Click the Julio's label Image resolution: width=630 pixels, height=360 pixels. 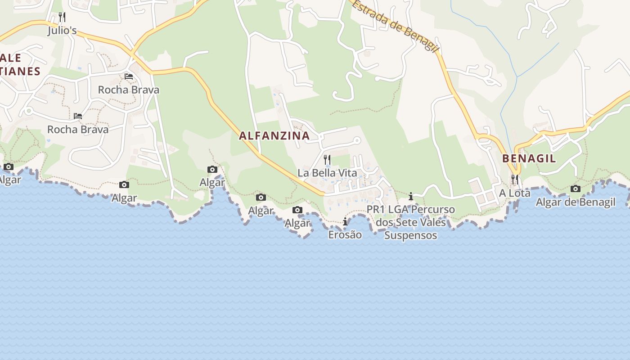63,31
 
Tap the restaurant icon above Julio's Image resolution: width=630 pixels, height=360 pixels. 62,18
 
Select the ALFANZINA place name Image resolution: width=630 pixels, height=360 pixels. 274,135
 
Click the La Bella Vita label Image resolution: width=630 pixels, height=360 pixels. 327,173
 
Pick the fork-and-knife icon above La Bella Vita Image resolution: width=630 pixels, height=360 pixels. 327,159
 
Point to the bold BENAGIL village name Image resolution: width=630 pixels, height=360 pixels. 529,158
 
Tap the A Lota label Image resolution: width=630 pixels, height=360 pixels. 514,193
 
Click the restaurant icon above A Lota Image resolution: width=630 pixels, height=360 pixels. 514,180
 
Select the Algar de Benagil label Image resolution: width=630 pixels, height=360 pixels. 575,202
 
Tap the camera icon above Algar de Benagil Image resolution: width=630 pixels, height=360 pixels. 575,189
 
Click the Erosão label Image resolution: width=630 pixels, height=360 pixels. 345,235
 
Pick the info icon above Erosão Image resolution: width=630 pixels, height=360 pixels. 345,221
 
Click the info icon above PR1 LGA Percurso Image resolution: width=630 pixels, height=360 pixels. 411,196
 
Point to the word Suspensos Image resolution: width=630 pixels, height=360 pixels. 410,235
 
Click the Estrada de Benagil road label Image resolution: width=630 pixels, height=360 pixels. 394,26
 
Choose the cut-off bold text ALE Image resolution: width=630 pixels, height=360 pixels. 11,58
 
